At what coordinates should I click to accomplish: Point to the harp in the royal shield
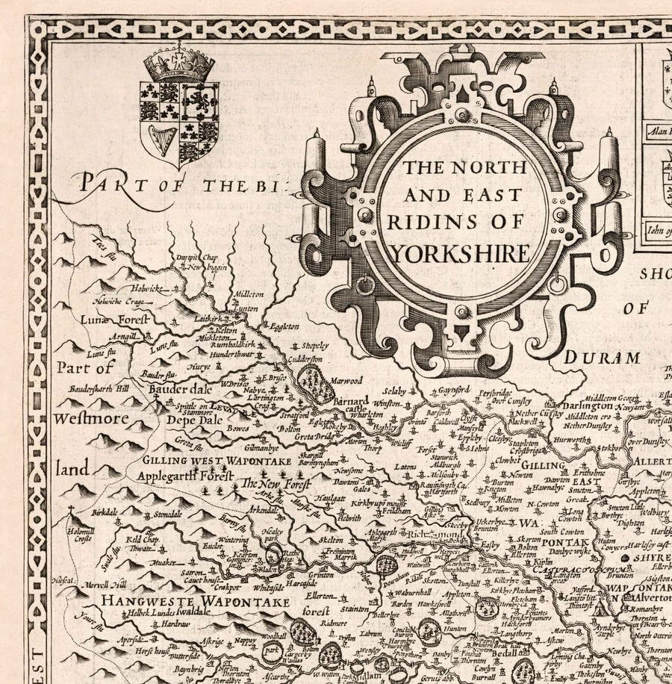(x=161, y=140)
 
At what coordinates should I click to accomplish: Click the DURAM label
(x=601, y=358)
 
